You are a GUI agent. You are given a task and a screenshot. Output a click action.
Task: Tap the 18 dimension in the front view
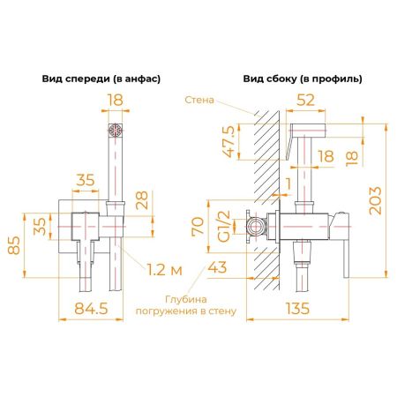pos(113,101)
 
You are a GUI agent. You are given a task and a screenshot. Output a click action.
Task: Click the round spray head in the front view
pos(113,131)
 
